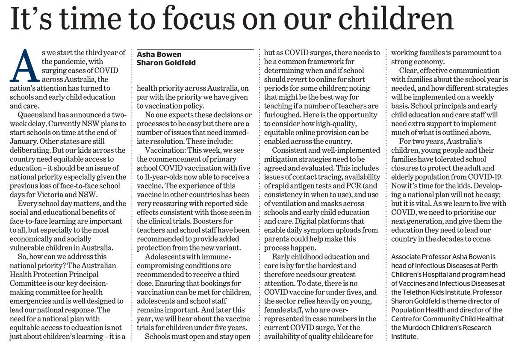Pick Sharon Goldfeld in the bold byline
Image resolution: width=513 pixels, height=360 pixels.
(x=166, y=62)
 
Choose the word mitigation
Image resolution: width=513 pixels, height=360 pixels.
(x=283, y=159)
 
